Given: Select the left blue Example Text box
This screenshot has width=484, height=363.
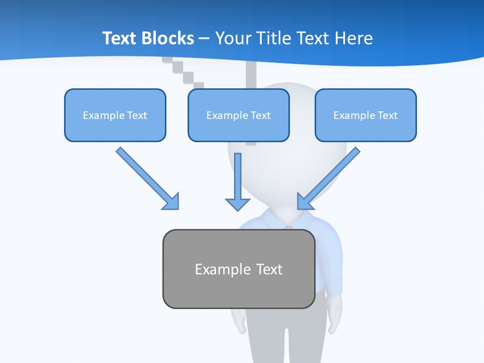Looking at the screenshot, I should coord(115,115).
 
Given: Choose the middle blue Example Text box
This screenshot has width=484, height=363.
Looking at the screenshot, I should coord(238,115).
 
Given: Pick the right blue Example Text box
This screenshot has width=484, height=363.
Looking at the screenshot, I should coord(366,115).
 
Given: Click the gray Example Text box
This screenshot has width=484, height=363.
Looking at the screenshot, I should coord(239,269).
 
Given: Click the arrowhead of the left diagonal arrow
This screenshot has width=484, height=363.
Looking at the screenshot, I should coord(171,202).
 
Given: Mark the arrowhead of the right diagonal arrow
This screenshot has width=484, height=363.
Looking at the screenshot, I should coord(305,201).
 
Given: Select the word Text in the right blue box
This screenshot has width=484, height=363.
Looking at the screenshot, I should coord(388,115).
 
